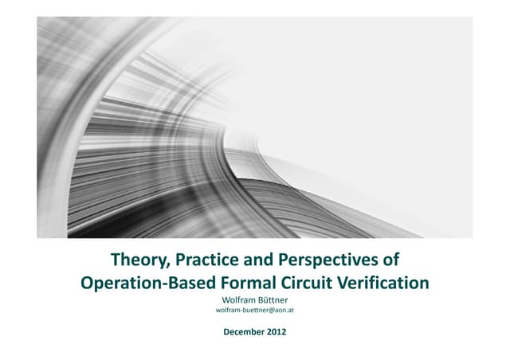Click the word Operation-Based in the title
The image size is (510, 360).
pos(148,283)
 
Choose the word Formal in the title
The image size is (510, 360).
pos(248,283)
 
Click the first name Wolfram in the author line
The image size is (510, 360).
pos(238,299)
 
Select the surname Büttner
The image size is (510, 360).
pos(273,299)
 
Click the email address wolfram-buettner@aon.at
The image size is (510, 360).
pos(255,311)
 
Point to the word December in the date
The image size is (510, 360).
pos(244,331)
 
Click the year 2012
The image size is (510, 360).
pos(277,331)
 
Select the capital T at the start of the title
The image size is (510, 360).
pos(116,260)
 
